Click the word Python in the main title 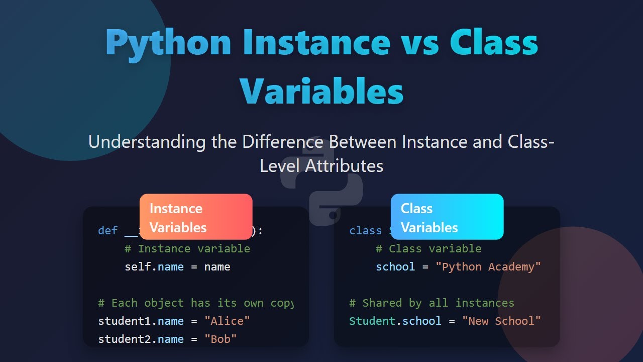pos(168,43)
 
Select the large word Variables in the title pos(321,91)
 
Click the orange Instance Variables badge pos(196,217)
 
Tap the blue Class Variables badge pos(447,217)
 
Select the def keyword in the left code pos(108,231)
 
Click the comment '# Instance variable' pos(187,249)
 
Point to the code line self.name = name pos(177,267)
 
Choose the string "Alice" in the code pos(227,321)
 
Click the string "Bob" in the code pos(220,339)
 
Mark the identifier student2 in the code pos(124,339)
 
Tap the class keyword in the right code pos(365,231)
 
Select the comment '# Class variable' pos(428,249)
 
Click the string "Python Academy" pos(491,267)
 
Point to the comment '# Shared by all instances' pos(432,303)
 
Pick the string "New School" pos(501,321)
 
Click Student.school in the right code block pos(395,321)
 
